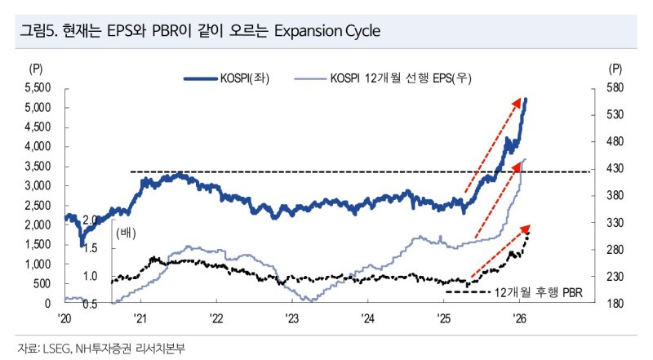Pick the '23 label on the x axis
click(292, 318)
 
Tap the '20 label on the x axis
click(65, 318)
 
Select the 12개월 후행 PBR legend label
click(541, 290)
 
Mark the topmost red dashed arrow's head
click(520, 100)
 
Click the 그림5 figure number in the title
click(35, 32)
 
